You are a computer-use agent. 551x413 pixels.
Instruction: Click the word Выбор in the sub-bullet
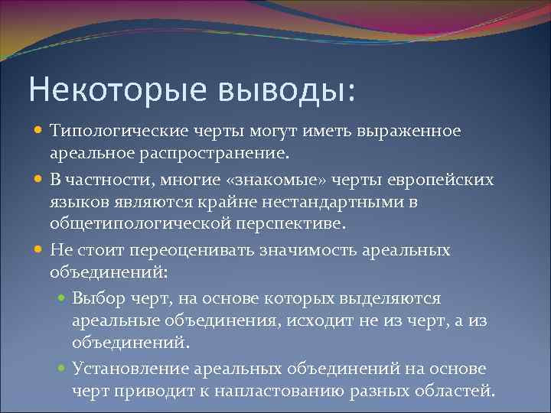click(x=96, y=298)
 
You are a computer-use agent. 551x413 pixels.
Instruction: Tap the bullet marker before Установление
click(x=63, y=369)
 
